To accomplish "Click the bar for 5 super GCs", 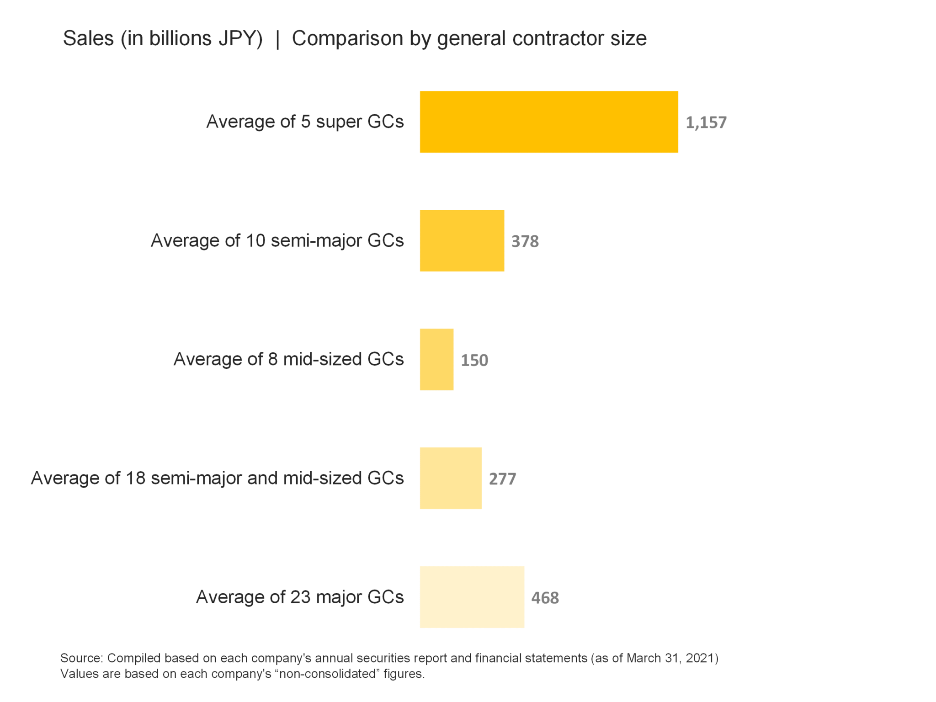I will [548, 122].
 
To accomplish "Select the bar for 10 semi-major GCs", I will [462, 240].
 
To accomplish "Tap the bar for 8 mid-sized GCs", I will [436, 359].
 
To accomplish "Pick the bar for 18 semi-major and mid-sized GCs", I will [451, 478].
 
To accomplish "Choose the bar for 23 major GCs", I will [472, 597].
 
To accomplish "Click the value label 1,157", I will [706, 122].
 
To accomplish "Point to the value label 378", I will [525, 241].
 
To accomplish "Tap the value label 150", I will [474, 360].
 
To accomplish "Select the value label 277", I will [502, 479].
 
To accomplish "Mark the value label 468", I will [545, 598].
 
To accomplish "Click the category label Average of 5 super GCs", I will [305, 122].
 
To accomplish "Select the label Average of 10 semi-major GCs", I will [277, 240].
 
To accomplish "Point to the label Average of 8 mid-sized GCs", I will [288, 359].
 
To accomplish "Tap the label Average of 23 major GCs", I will [300, 597].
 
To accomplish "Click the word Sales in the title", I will [88, 38].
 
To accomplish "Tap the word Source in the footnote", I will [81, 658].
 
